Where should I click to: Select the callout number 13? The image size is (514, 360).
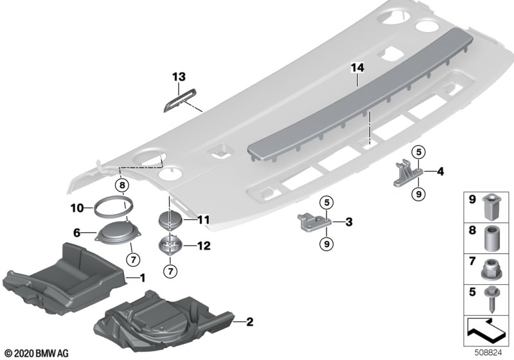point(179,77)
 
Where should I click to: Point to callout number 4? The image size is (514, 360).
point(441,171)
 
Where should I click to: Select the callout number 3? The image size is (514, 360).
point(348,222)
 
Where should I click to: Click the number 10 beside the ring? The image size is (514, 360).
point(77,208)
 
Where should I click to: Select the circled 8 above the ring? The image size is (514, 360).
point(121,186)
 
